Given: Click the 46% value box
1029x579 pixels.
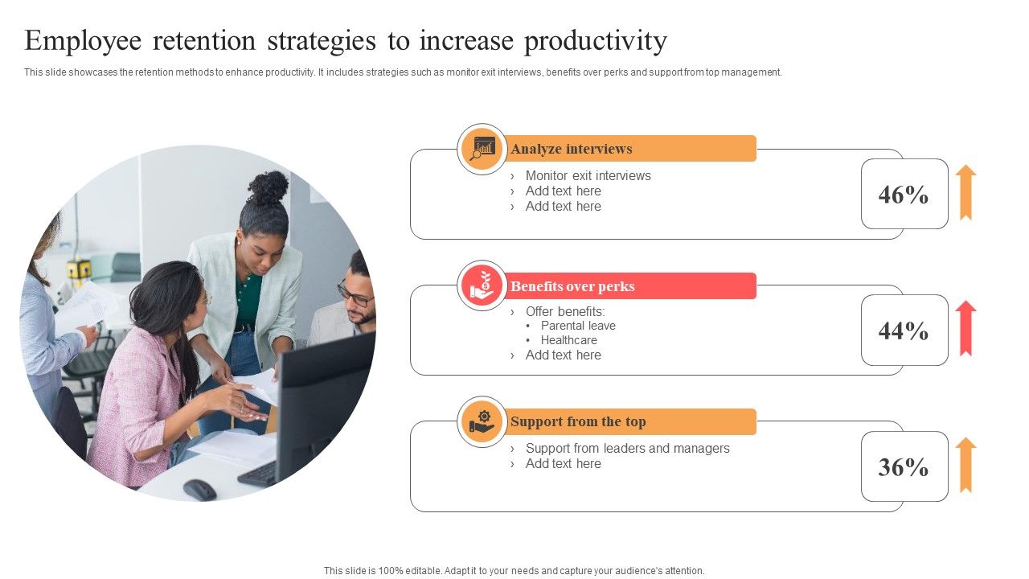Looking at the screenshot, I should (904, 195).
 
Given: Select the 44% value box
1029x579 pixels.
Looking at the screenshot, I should (904, 331).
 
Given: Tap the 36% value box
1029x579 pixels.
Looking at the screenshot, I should (904, 467).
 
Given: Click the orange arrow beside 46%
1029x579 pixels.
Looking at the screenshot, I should (965, 192).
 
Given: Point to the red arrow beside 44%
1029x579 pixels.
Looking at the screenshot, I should (965, 328).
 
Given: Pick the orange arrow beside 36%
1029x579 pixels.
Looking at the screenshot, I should (965, 465).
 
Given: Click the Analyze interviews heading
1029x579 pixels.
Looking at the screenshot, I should (572, 149).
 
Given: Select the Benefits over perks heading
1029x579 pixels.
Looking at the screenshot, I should (572, 286).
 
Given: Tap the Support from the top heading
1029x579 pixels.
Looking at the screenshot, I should (578, 422).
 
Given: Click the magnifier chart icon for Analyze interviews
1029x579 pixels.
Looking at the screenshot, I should (482, 149).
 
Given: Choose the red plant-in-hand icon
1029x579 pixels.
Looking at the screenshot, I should (482, 285).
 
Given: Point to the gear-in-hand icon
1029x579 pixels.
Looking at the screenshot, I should (482, 421).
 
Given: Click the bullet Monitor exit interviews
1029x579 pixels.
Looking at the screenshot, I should (588, 175).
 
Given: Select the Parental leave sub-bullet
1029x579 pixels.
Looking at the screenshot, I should (578, 326).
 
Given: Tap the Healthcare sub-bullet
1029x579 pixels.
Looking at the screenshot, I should (568, 340).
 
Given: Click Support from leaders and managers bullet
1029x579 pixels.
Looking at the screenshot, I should (627, 448).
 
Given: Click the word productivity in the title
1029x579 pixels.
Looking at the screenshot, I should (596, 40).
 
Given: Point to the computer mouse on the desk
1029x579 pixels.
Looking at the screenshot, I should (199, 489).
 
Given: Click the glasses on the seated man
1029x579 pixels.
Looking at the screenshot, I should (355, 294).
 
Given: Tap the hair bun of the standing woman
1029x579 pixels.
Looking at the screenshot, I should (269, 187).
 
